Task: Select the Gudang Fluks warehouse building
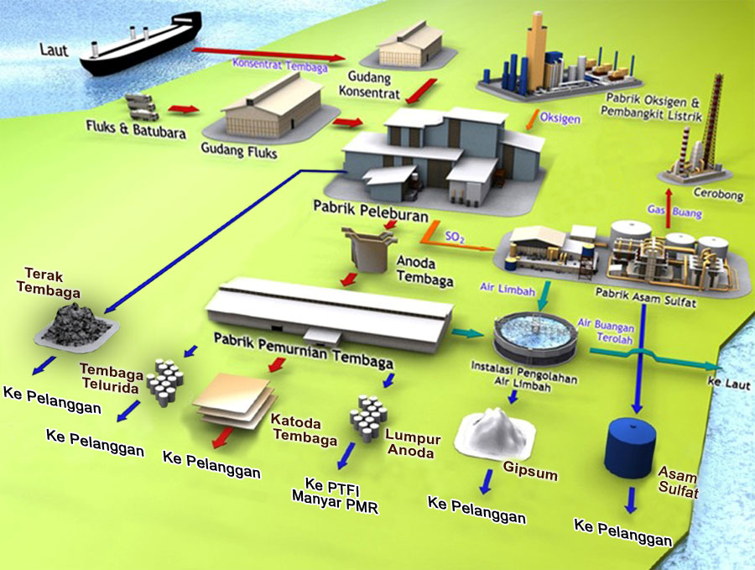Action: [273, 105]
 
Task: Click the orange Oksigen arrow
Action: [530, 123]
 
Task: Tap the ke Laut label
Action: [727, 382]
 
